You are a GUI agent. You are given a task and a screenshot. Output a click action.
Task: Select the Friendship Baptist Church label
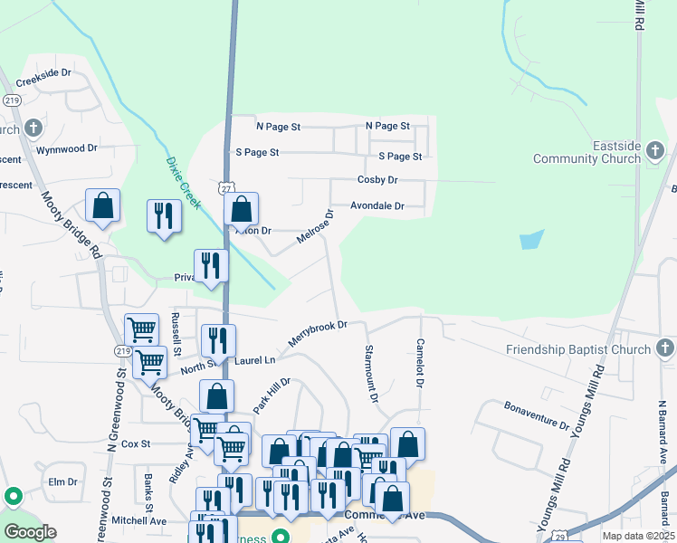(578, 349)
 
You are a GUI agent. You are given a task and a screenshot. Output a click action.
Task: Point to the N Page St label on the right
(387, 126)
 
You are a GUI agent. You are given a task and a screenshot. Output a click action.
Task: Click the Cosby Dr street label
(377, 180)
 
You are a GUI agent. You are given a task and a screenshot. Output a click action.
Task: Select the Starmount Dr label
(370, 373)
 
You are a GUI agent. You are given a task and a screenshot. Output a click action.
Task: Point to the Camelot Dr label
(420, 364)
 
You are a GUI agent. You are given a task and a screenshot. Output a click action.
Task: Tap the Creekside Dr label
(43, 72)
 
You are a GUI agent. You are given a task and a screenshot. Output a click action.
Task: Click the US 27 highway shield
(225, 186)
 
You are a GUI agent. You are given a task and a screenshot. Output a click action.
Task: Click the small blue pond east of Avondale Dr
(532, 240)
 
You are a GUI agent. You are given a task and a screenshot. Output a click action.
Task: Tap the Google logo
(29, 531)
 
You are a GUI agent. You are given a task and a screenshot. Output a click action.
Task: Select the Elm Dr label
(64, 481)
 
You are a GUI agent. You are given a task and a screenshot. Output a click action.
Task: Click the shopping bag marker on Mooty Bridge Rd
(103, 205)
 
